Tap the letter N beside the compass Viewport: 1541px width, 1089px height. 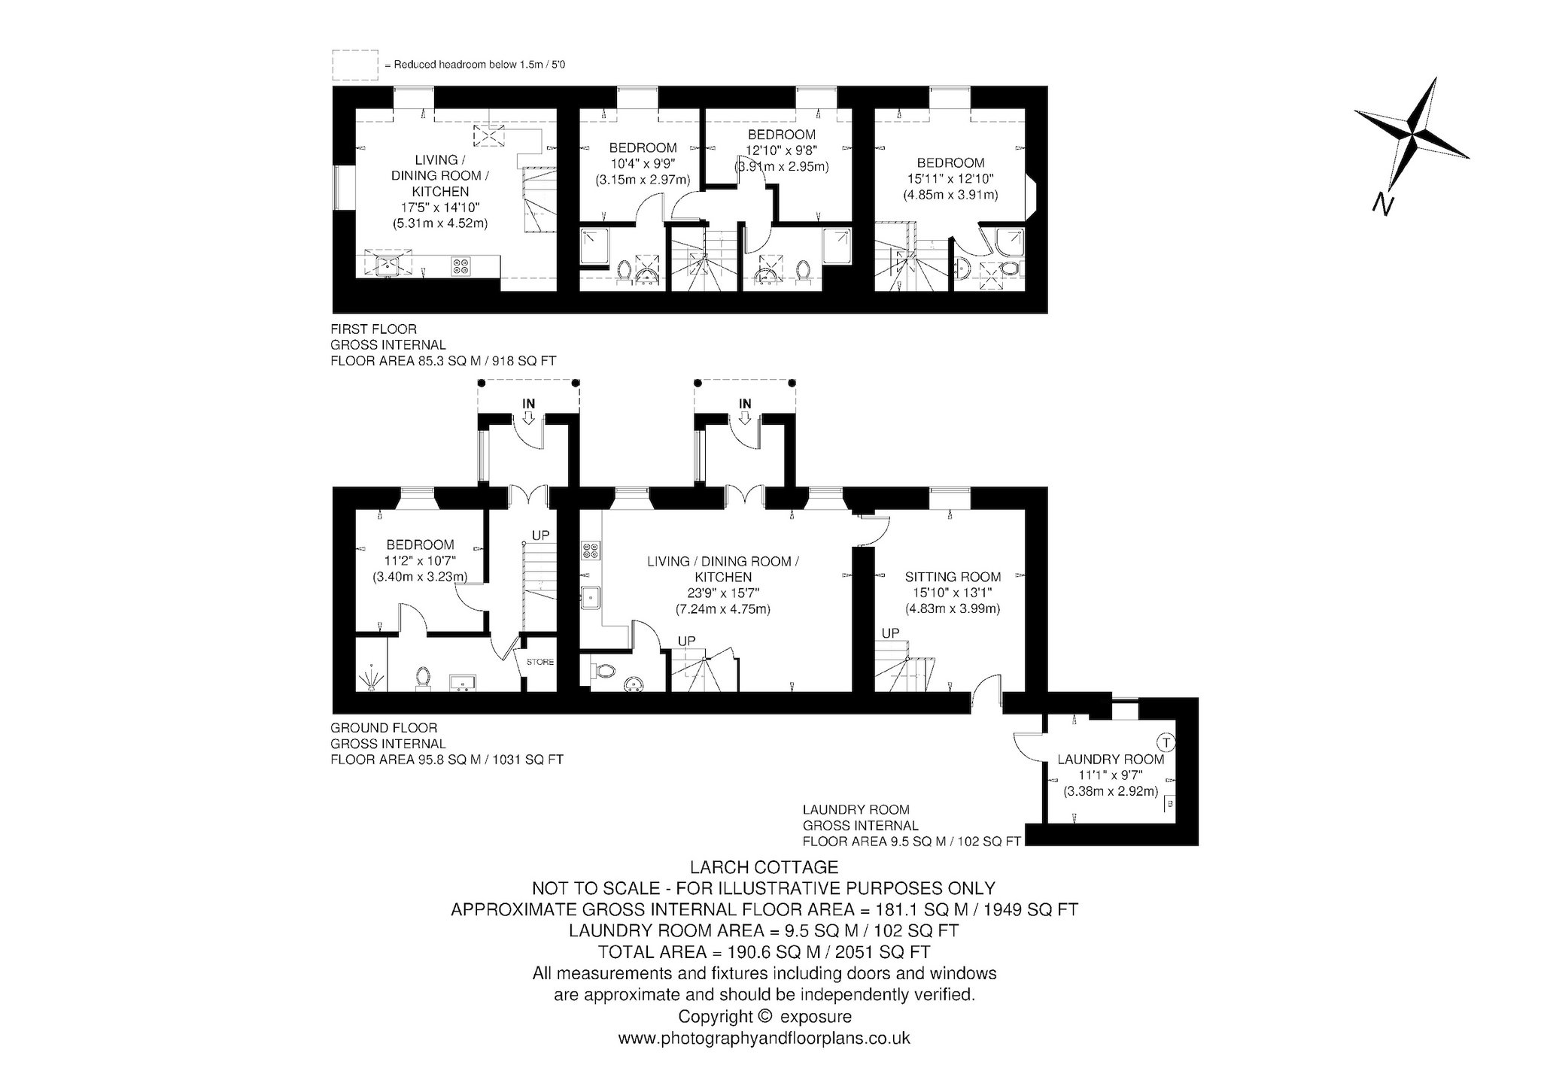pos(1381,204)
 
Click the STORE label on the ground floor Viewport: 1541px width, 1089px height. pos(540,663)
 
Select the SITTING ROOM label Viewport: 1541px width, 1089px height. pos(953,577)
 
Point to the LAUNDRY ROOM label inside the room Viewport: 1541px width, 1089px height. pos(1111,760)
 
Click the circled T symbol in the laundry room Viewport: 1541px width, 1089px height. pos(1166,743)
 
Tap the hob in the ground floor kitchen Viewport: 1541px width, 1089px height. pos(590,551)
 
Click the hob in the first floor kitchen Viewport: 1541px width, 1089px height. pos(459,265)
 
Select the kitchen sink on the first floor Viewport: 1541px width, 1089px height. pos(389,263)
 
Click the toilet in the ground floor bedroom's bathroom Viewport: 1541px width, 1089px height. pos(423,678)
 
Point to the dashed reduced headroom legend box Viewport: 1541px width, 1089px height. pos(355,65)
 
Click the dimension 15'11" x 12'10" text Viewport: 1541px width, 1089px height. pos(950,179)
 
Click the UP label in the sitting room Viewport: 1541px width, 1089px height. pos(890,633)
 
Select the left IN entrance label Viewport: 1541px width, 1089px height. pos(529,404)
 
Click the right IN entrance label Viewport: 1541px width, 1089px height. pos(745,404)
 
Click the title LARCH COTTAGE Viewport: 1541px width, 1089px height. pos(764,869)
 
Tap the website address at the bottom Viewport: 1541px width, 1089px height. pos(764,1039)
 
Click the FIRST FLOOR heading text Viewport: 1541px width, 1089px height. pos(374,329)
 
